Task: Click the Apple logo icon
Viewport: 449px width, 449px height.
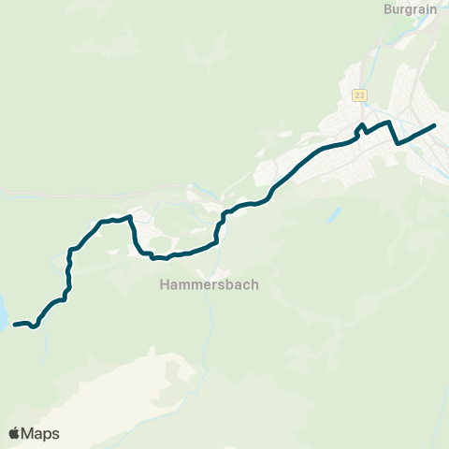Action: tap(15, 433)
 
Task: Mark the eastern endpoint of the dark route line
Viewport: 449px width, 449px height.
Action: tap(435, 125)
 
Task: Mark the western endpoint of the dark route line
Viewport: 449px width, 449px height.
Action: tap(15, 325)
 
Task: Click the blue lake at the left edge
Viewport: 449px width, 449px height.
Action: tap(3, 311)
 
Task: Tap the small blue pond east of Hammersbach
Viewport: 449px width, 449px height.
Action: tap(333, 214)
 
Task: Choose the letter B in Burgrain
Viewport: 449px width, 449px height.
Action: tap(388, 9)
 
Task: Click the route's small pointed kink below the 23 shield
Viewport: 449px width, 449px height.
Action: tap(362, 125)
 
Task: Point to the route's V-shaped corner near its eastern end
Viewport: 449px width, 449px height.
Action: tap(398, 143)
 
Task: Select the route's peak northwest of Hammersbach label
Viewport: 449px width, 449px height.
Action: tap(129, 217)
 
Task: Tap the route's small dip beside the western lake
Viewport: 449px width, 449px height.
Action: tap(34, 327)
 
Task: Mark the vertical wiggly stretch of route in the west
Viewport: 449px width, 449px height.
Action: tap(68, 271)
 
